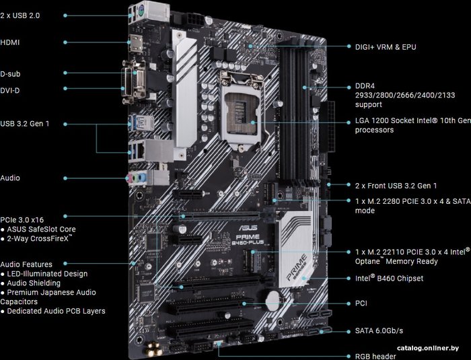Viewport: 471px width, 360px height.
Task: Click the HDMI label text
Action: coord(10,42)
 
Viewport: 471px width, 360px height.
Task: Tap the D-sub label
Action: coord(10,74)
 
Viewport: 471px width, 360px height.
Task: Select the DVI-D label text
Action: coord(10,90)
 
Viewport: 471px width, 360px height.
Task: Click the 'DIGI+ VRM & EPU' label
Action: coord(386,47)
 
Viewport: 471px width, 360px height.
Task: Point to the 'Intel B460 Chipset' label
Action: coord(389,278)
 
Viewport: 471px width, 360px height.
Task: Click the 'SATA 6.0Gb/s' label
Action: coord(379,331)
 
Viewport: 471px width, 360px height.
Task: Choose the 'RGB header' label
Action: coord(375,357)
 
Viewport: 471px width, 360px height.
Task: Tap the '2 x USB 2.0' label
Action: coord(20,15)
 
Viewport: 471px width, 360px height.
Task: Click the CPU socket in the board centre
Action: coord(241,113)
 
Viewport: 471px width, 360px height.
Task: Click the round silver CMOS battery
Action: coord(274,299)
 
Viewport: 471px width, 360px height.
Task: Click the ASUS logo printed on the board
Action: coord(244,228)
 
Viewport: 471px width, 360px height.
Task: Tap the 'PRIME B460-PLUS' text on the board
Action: coord(247,240)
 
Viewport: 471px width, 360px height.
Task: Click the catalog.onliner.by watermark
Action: coord(428,349)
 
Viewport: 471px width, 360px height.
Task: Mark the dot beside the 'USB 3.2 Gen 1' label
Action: coord(65,124)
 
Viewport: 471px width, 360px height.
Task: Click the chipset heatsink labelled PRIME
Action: coord(296,250)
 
